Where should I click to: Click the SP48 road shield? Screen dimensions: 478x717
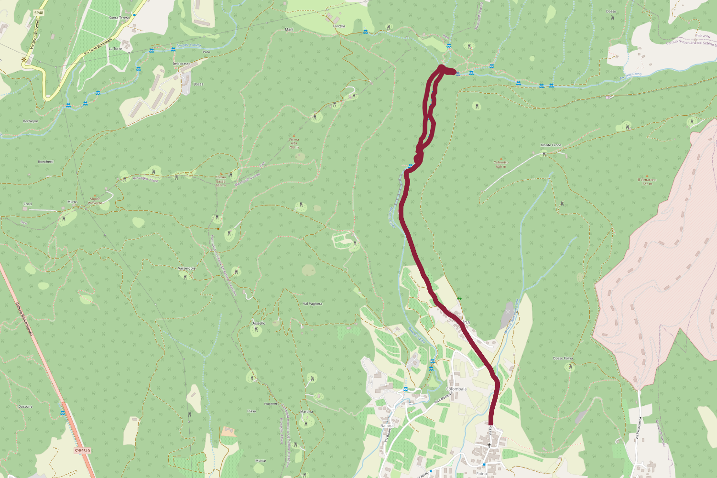(39, 13)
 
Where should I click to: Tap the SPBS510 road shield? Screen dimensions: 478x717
(82, 451)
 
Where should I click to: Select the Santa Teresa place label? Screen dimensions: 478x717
(119, 18)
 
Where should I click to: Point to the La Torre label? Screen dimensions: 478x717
(115, 48)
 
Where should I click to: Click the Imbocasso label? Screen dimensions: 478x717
(182, 64)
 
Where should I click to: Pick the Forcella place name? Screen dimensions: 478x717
(339, 26)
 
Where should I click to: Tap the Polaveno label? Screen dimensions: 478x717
(703, 36)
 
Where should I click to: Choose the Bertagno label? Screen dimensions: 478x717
(31, 121)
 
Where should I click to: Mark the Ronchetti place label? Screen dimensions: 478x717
(45, 162)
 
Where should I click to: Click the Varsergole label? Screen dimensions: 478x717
(186, 269)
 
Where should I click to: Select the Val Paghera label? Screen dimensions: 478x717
(313, 304)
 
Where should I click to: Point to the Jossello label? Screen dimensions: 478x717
(259, 324)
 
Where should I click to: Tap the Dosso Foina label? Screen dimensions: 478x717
(563, 358)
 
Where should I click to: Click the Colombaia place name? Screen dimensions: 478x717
(456, 389)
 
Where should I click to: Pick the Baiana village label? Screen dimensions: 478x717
(387, 426)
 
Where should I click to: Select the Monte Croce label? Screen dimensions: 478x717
(551, 145)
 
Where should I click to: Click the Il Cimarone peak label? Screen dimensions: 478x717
(647, 180)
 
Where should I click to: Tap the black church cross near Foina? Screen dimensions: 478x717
(489, 445)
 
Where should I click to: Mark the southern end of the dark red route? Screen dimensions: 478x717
(490, 423)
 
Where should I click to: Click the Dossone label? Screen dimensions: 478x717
(25, 407)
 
